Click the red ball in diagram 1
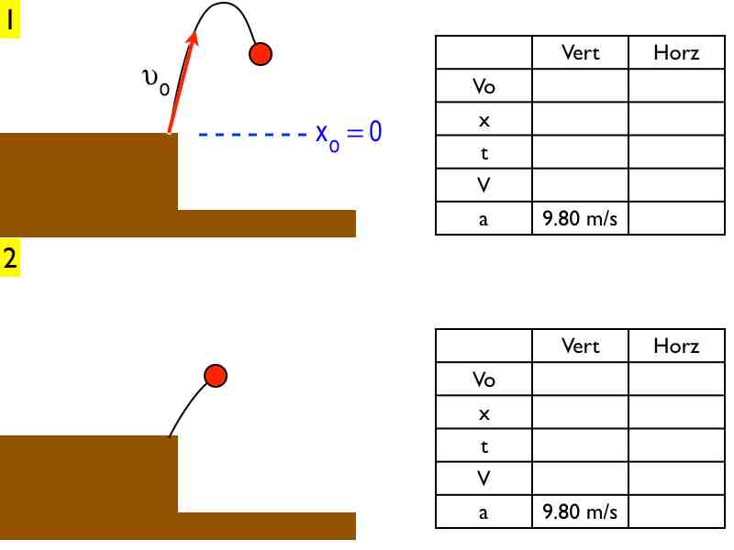[x=260, y=54]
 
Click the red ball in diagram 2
[x=215, y=375]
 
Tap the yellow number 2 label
[x=10, y=259]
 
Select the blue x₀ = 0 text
[x=348, y=134]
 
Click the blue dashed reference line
[x=252, y=135]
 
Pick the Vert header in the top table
[x=580, y=53]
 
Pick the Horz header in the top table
[x=676, y=53]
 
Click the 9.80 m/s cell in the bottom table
[x=580, y=511]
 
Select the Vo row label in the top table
[x=484, y=86]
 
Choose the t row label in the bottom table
[x=484, y=445]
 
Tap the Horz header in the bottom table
[x=676, y=346]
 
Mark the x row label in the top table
[x=484, y=119]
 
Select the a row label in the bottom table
[x=484, y=511]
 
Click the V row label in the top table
[x=484, y=185]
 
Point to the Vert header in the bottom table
[x=580, y=346]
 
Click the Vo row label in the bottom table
[x=484, y=379]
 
